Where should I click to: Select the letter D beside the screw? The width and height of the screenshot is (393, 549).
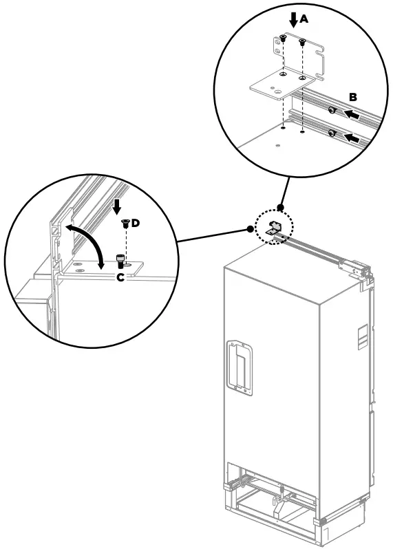tap(136, 223)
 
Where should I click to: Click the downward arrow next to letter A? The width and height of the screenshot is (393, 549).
tap(294, 18)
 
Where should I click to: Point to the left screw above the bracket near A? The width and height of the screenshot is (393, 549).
tap(284, 41)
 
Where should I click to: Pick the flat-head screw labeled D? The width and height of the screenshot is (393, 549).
tap(125, 224)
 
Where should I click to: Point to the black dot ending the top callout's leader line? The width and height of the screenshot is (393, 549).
tap(279, 206)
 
